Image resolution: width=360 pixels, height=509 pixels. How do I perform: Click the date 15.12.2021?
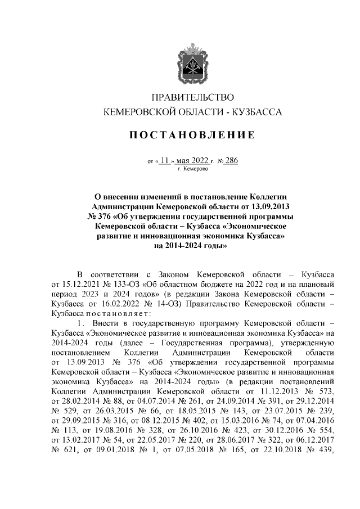click(x=83, y=284)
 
